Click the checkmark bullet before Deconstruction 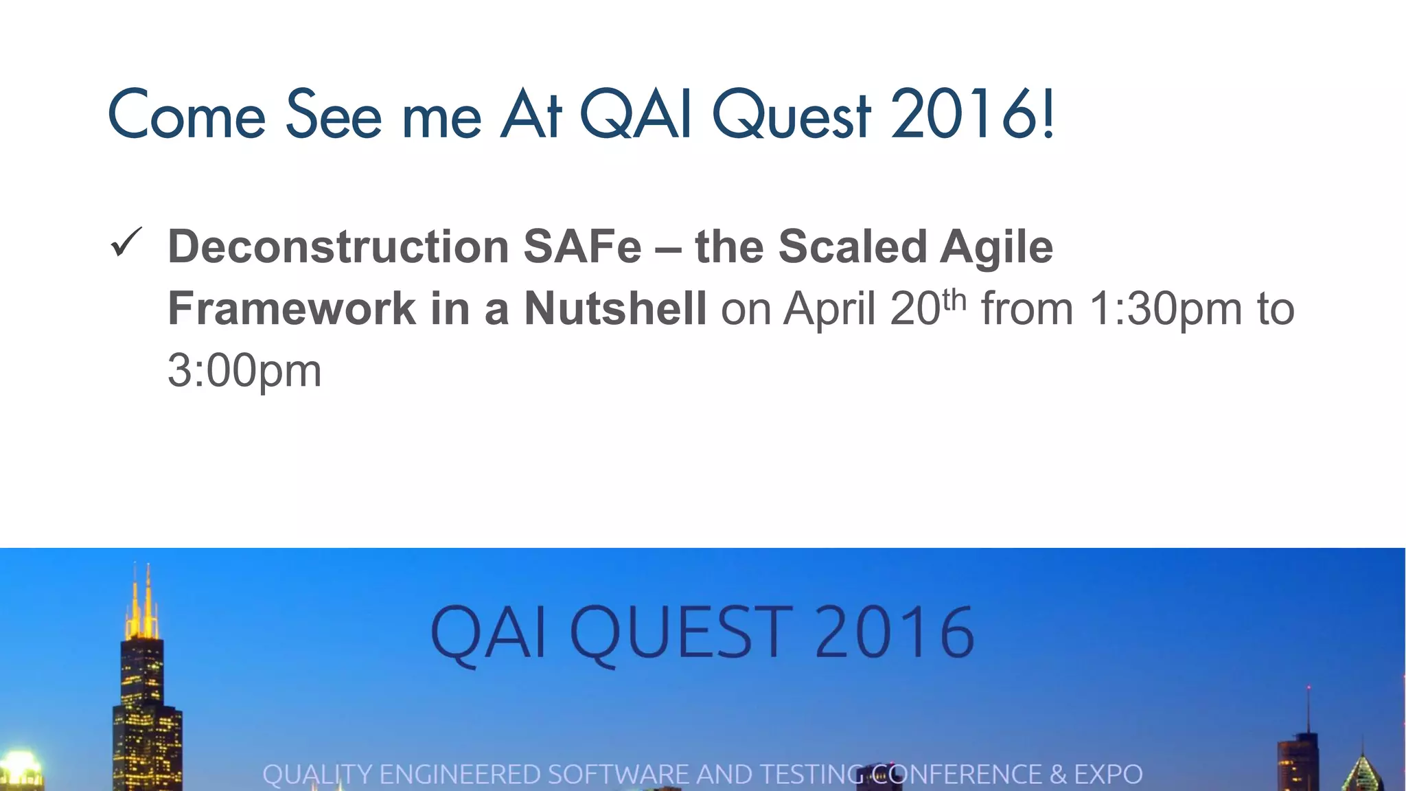point(126,243)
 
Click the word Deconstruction point(338,247)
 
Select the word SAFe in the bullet point(582,247)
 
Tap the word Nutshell point(615,309)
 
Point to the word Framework point(292,309)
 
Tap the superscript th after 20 point(954,299)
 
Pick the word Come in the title point(187,115)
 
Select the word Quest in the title point(792,115)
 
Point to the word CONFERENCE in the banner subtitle point(956,775)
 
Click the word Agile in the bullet point(996,247)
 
